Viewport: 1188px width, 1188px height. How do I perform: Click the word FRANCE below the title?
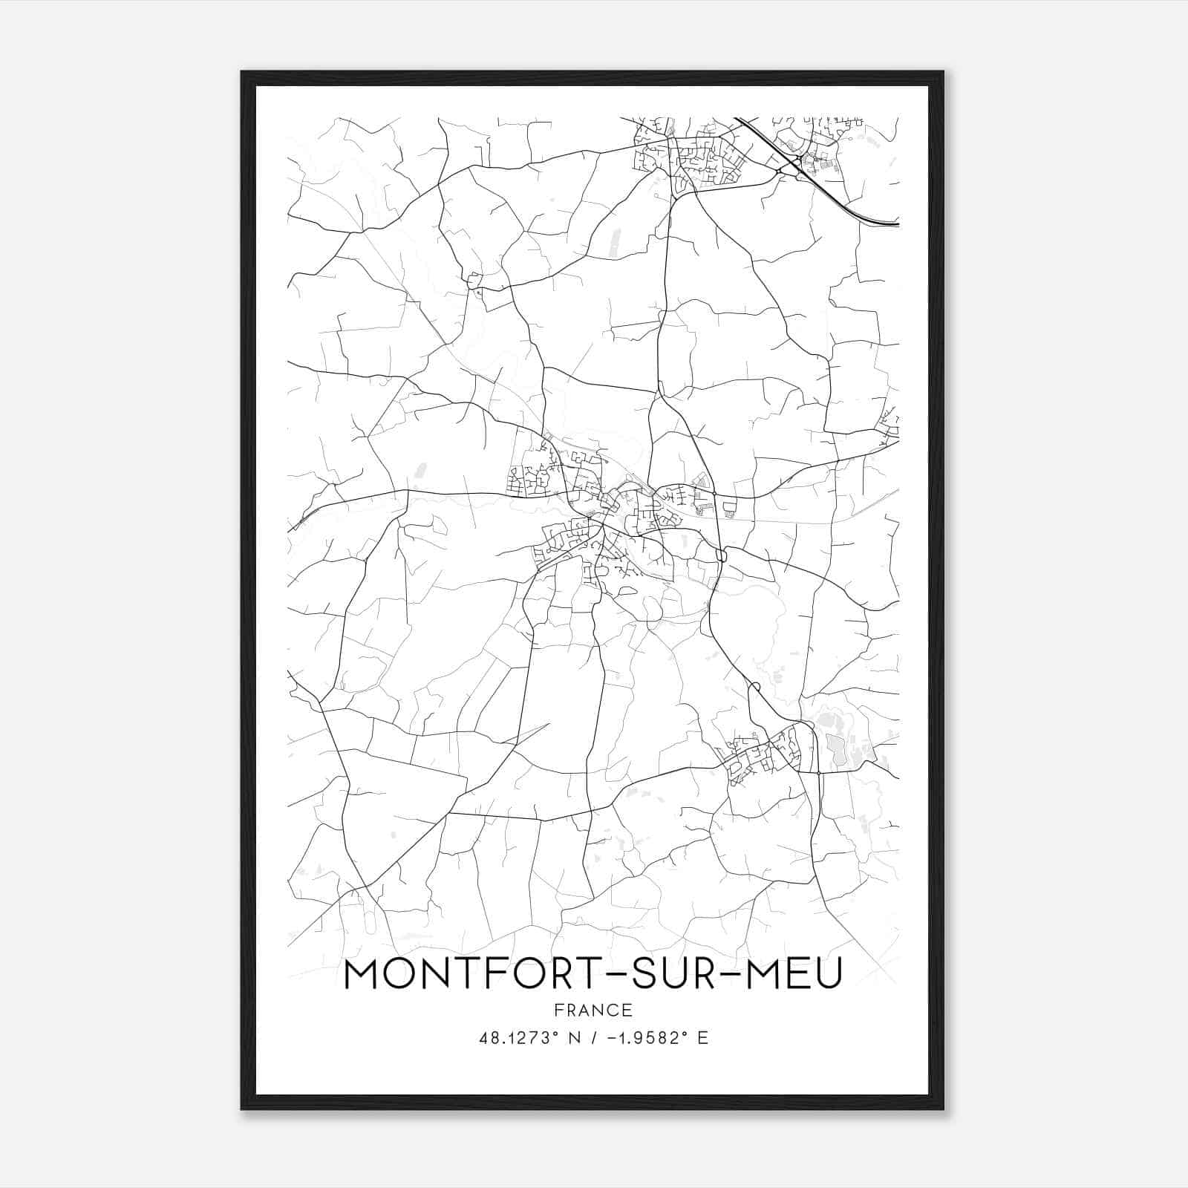pos(593,1010)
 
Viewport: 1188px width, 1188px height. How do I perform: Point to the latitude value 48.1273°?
pos(518,1038)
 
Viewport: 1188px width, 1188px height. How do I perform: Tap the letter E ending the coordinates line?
pos(703,1038)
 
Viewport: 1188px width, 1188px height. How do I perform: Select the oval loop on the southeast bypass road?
pos(754,687)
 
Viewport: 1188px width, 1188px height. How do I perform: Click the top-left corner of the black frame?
pos(242,73)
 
